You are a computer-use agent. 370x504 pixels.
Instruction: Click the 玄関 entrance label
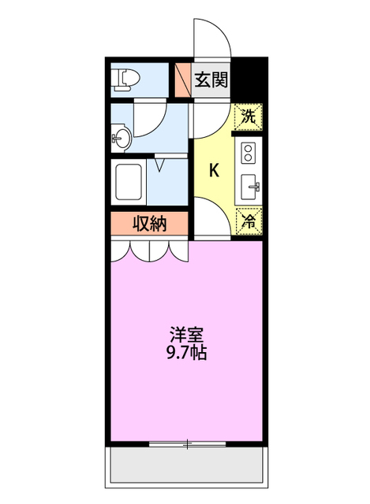[211, 79]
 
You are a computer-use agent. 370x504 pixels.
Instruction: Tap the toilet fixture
[125, 79]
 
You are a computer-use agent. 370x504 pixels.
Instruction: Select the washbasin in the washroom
[120, 140]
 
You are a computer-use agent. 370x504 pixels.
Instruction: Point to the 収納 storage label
[149, 224]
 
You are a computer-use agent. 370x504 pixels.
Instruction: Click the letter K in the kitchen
[213, 169]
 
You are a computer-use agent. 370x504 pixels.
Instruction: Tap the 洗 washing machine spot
[248, 118]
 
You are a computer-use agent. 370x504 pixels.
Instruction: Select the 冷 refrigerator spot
[248, 222]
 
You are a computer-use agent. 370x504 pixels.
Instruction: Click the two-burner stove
[249, 150]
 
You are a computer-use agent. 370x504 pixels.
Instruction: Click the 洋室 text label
[187, 333]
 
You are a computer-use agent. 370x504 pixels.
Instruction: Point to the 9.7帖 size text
[187, 353]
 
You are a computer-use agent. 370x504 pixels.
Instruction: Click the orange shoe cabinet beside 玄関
[182, 79]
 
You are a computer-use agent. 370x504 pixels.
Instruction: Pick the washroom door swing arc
[150, 118]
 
